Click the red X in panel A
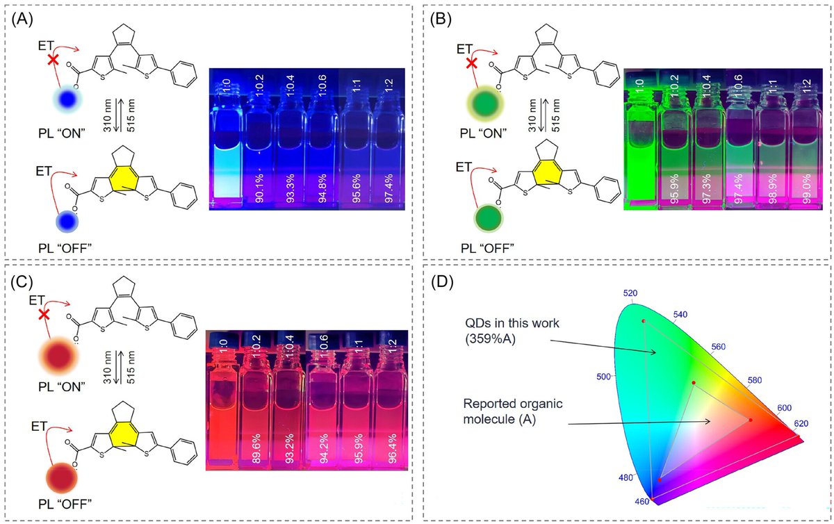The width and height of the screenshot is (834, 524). (x=52, y=60)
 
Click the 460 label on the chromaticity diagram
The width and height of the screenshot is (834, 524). (x=641, y=501)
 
